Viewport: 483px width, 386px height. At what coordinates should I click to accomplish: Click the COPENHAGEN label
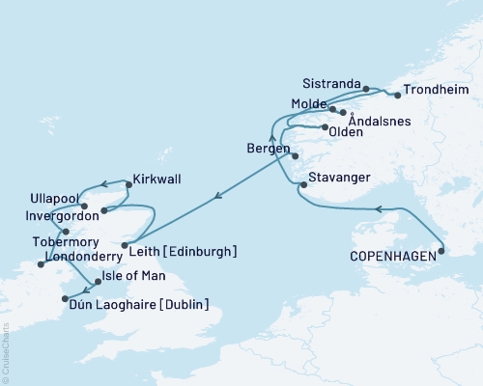(391, 258)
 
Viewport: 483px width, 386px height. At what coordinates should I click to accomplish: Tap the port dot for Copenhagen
(441, 252)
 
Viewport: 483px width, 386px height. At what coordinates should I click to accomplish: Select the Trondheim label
(437, 91)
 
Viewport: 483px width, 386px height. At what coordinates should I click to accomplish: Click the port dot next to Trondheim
(397, 96)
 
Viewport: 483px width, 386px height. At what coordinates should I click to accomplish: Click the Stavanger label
(339, 179)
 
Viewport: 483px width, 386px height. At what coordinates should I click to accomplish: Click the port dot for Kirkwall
(125, 183)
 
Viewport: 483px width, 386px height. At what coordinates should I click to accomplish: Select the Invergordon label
(44, 218)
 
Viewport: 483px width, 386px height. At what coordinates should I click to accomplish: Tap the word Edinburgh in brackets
(205, 252)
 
